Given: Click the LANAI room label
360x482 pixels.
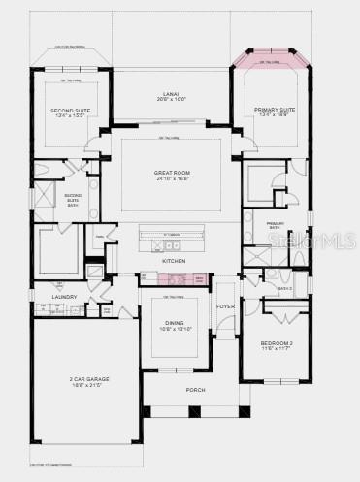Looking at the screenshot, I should click(x=169, y=94).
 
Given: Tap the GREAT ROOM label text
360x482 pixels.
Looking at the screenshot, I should click(x=169, y=173).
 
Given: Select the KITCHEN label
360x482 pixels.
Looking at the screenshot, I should click(x=174, y=261).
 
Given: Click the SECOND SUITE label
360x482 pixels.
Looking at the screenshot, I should click(x=69, y=111).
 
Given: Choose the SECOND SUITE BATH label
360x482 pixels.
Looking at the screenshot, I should click(x=73, y=199).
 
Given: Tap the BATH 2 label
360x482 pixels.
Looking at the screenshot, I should click(x=284, y=288).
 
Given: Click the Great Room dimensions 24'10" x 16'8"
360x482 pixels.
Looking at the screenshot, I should click(x=169, y=179).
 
